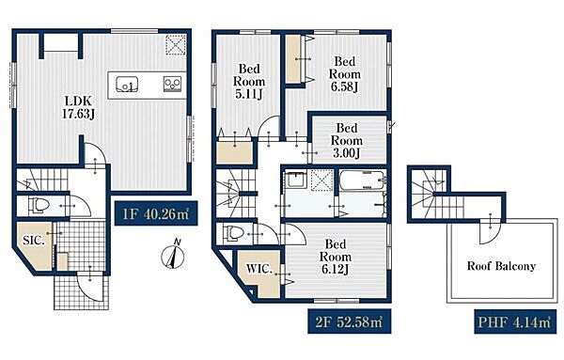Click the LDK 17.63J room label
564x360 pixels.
tap(78, 107)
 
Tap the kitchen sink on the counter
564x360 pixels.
tap(127, 85)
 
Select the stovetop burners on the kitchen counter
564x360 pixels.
tap(172, 84)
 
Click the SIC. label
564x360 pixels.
tap(34, 241)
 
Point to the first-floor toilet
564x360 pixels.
tap(39, 206)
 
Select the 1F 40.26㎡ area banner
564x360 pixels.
tap(156, 213)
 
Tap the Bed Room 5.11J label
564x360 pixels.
tap(249, 81)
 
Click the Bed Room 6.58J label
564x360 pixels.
tap(345, 74)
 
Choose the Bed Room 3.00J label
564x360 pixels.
tap(346, 140)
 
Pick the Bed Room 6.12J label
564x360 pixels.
tap(336, 257)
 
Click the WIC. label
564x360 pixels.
tap(259, 269)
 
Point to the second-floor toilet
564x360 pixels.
tap(233, 233)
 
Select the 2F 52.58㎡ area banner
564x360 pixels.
tap(350, 321)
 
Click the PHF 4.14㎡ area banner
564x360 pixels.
tap(515, 321)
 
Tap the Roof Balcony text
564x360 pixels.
tap(501, 266)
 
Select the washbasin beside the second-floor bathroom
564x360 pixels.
tap(296, 180)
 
